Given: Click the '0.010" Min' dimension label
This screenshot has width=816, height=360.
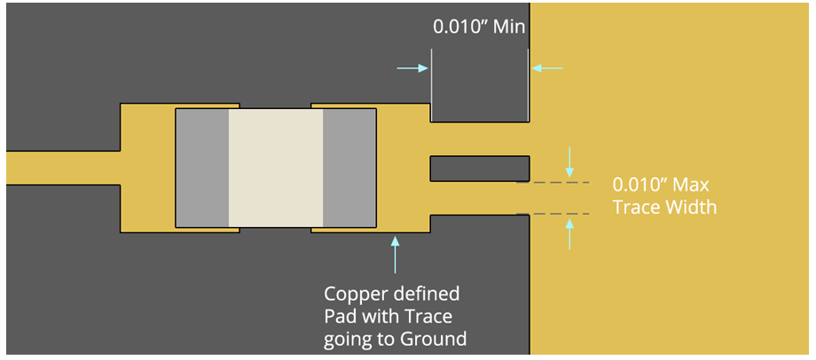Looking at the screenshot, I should (x=478, y=27).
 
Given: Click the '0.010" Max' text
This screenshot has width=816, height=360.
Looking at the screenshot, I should (x=661, y=186).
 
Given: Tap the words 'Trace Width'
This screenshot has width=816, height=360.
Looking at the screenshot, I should (x=664, y=207).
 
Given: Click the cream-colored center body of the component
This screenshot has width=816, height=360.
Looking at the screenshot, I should (x=276, y=168).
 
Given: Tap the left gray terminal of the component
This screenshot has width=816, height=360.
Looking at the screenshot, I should (x=202, y=168).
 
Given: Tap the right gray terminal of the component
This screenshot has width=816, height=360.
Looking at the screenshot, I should (x=349, y=168).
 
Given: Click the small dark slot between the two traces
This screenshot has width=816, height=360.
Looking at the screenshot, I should (x=479, y=167).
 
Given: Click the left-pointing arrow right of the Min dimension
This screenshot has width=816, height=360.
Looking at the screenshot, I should (x=547, y=68).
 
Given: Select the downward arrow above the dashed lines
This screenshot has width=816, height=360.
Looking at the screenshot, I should (x=569, y=161).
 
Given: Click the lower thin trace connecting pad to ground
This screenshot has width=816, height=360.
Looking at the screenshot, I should (x=479, y=198).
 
